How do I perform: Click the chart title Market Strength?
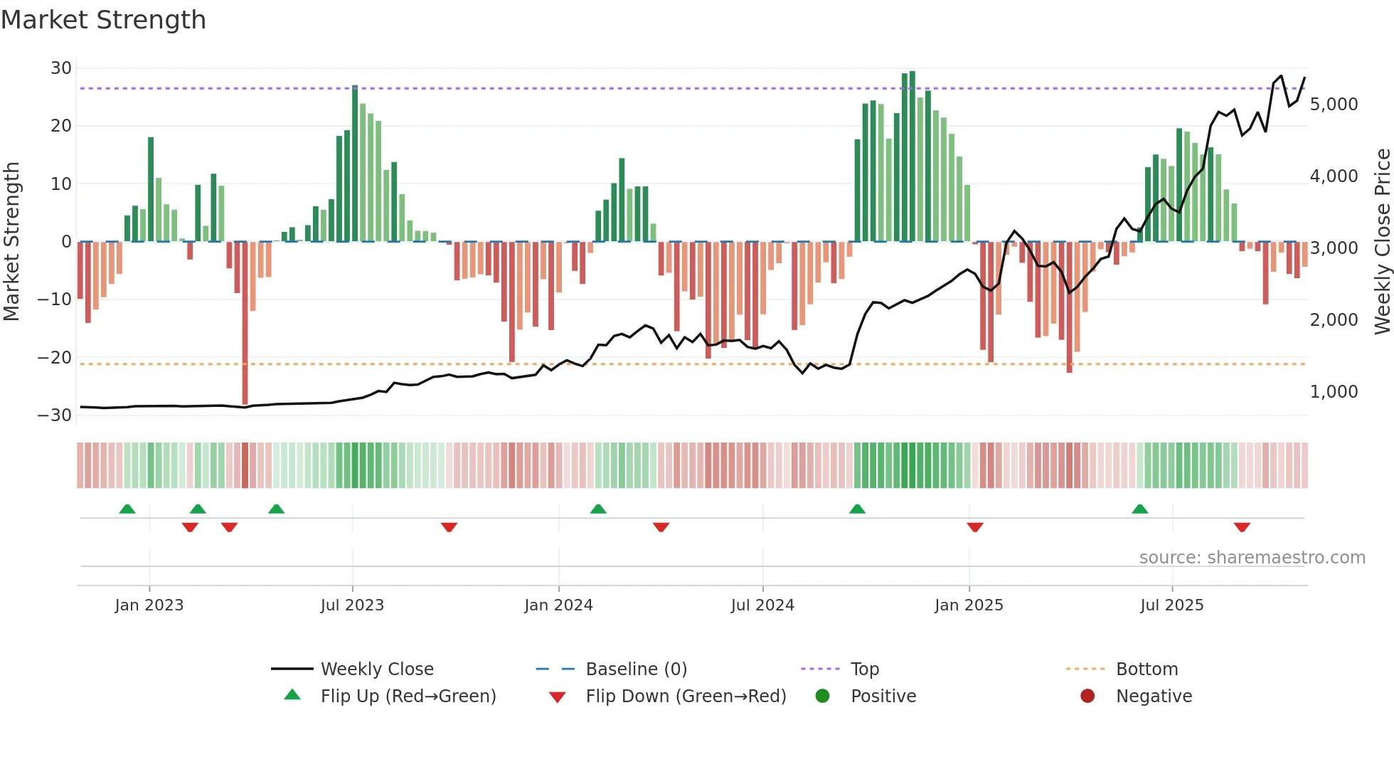(103, 20)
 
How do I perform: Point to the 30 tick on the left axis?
(61, 68)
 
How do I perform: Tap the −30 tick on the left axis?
(55, 415)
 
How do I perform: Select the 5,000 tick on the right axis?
(1334, 105)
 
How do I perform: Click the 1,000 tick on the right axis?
(1334, 392)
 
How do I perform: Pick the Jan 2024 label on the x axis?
(558, 605)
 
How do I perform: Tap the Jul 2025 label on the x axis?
(1171, 605)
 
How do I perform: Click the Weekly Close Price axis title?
(1382, 242)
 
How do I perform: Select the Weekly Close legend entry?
(376, 669)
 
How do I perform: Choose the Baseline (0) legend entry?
(636, 669)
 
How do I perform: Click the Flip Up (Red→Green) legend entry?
(408, 696)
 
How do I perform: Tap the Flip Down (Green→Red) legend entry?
(686, 696)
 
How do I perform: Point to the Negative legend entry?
(1153, 696)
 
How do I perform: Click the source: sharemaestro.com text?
(1252, 558)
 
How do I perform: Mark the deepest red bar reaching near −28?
(245, 324)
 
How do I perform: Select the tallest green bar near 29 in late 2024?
(913, 157)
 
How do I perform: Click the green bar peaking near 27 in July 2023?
(355, 164)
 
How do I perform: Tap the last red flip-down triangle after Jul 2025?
(1242, 527)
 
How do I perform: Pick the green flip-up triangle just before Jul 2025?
(1139, 509)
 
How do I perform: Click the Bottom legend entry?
(1146, 669)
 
